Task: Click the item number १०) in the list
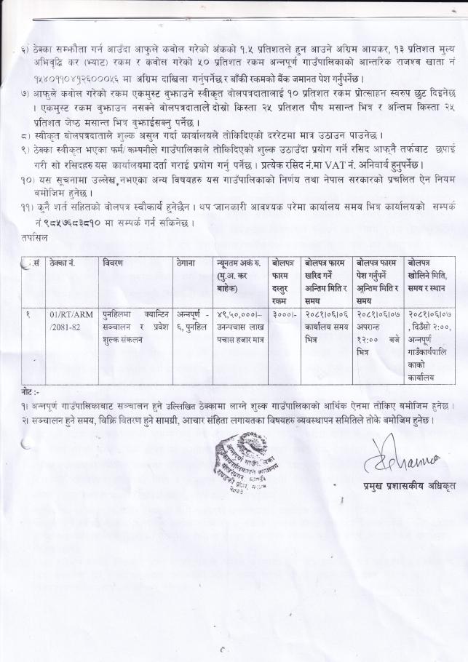click(30, 179)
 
